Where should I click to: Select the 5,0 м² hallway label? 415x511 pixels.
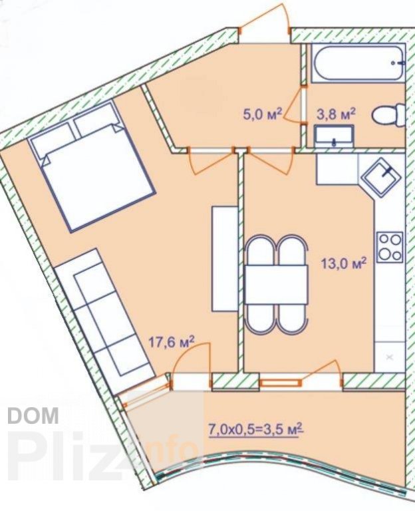[x=262, y=114]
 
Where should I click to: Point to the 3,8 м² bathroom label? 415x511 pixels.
[x=336, y=114]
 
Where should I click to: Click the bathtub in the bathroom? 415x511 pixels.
[x=358, y=63]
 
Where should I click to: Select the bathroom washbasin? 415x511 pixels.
[x=334, y=136]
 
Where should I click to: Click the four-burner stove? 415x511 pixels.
[x=390, y=248]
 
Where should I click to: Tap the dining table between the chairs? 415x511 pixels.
[x=276, y=285]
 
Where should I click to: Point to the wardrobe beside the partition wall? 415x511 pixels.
[x=225, y=258]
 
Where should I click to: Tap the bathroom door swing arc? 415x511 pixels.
[x=293, y=106]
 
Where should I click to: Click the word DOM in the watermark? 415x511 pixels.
[x=33, y=416]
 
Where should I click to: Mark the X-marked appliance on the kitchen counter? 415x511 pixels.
[x=390, y=357]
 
